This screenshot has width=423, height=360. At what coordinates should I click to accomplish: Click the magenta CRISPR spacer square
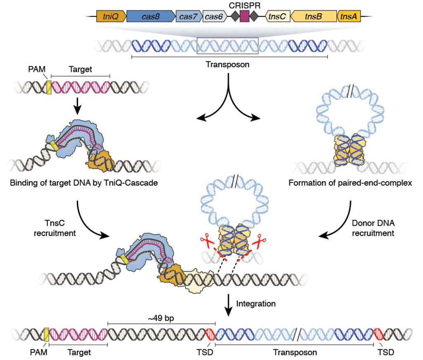pos(245,17)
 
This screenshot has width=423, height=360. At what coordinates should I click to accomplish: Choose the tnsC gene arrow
pos(277,17)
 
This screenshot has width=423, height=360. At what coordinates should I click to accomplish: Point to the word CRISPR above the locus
pos(245,5)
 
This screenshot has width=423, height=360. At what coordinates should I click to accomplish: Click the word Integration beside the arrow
pos(256,304)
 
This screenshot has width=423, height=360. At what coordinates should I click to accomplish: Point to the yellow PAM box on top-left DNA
pos(49,87)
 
